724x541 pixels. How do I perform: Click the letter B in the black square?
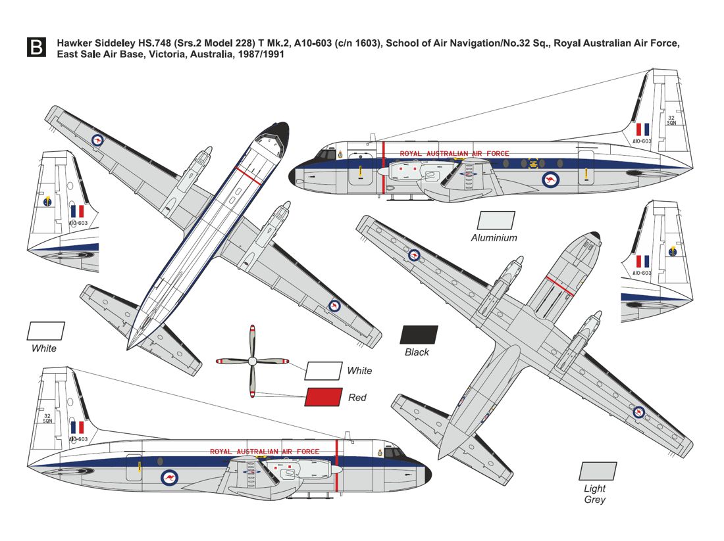[x=36, y=47]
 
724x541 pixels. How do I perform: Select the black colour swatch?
[x=419, y=335]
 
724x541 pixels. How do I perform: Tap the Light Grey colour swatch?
[x=598, y=471]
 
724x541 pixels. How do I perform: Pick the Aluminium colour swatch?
[x=496, y=220]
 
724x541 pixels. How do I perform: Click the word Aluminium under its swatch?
[x=494, y=238]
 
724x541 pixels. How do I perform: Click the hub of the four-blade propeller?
[x=252, y=361]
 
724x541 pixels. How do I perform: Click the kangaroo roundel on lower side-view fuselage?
[x=169, y=478]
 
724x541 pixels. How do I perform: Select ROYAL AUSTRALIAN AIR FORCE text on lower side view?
[x=265, y=452]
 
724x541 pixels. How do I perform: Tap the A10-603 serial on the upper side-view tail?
[x=642, y=141]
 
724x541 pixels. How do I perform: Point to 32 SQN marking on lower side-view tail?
[x=47, y=418]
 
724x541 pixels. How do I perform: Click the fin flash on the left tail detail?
[x=77, y=211]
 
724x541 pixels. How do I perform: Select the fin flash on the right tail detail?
[x=642, y=261]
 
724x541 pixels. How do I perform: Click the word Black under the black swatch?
[x=417, y=352]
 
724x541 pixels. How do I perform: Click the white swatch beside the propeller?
[x=324, y=370]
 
